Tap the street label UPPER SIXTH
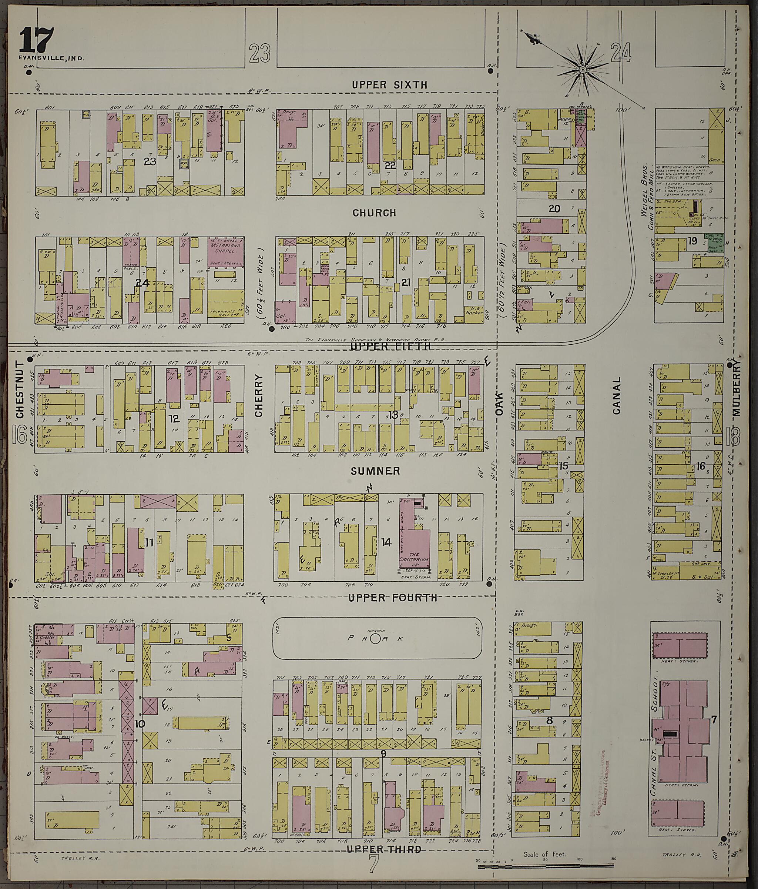[x=389, y=85]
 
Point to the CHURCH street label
[x=375, y=213]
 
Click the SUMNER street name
[x=375, y=471]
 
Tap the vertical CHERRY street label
[x=258, y=395]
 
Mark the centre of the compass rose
[x=583, y=70]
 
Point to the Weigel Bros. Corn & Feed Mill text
[x=648, y=196]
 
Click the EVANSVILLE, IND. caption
[x=51, y=58]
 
